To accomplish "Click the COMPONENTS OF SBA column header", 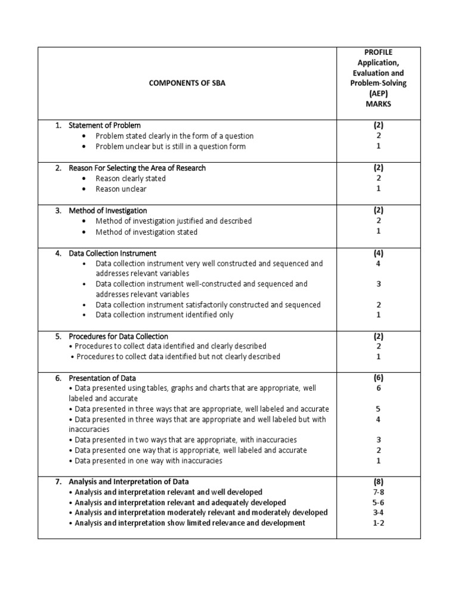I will [x=187, y=83].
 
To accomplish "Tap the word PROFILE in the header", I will [x=378, y=52].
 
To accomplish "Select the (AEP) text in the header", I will [x=378, y=94].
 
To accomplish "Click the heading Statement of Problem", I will [x=105, y=126].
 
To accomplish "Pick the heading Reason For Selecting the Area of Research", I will [x=137, y=168].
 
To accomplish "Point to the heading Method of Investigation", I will [x=108, y=211].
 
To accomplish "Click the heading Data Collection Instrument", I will [x=113, y=253].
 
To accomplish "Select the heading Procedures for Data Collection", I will [x=119, y=336].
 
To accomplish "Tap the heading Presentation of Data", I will [x=103, y=378].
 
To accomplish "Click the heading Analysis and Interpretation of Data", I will [x=129, y=481].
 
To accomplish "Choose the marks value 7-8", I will [x=378, y=492].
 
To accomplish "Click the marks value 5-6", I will [x=378, y=502].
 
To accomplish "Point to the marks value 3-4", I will [x=378, y=512].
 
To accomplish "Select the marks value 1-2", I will [x=378, y=523].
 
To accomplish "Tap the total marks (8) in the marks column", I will [x=378, y=481].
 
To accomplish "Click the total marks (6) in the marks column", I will [x=378, y=378].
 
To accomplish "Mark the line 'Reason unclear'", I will [x=120, y=189].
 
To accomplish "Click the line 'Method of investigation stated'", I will [x=146, y=232].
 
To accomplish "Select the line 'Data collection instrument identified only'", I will [x=165, y=315].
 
